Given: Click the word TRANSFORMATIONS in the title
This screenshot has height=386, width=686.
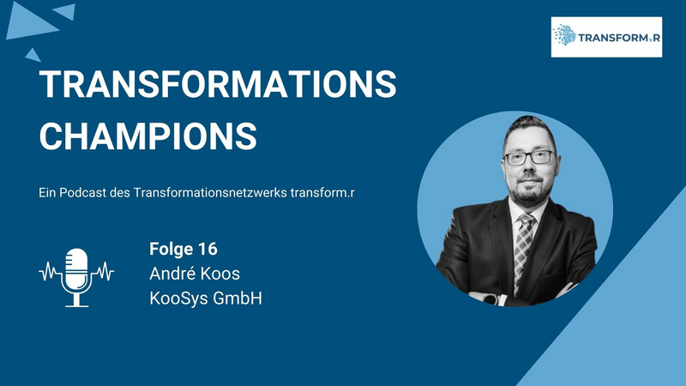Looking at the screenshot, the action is (x=218, y=83).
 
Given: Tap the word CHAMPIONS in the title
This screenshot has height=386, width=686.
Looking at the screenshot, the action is (x=147, y=136).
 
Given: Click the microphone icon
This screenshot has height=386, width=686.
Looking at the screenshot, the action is (x=76, y=277).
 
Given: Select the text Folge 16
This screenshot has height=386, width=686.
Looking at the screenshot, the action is (x=184, y=249).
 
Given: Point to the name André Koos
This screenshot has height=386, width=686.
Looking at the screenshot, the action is (x=195, y=274).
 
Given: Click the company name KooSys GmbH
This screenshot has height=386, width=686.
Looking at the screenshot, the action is (x=206, y=298).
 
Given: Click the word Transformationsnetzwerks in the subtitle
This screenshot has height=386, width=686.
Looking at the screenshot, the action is (x=210, y=192).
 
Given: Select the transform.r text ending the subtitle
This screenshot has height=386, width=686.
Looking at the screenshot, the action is (x=322, y=192).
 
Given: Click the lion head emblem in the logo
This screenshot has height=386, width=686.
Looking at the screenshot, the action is (x=565, y=35).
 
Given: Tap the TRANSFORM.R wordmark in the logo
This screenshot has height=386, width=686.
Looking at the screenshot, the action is (x=619, y=38).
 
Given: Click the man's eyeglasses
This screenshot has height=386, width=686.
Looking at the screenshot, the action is (x=530, y=158).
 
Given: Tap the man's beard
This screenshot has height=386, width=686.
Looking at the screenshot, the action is (x=530, y=191).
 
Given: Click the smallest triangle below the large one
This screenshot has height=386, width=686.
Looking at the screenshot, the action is (x=33, y=56).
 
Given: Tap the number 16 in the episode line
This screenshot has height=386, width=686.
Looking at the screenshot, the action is (x=208, y=249).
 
